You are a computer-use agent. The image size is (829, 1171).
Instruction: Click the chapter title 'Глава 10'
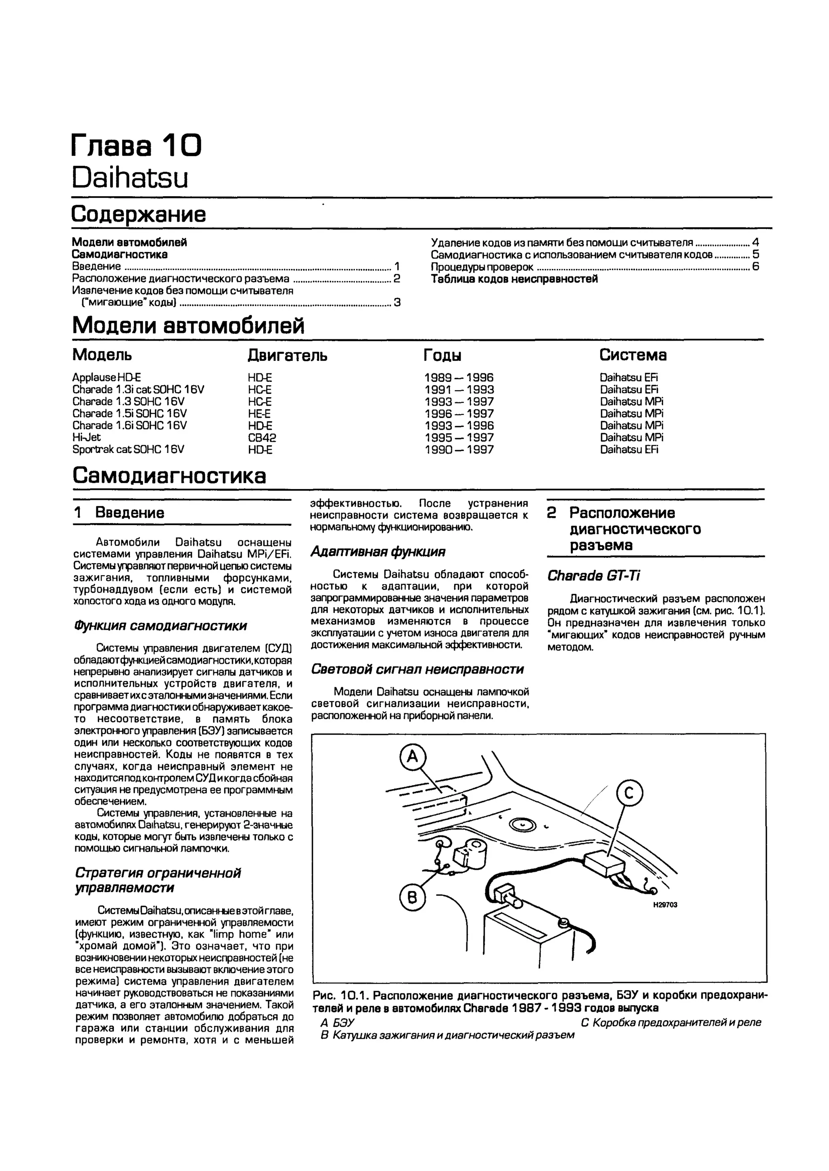(x=136, y=146)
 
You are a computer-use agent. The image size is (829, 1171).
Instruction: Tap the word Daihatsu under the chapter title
(x=130, y=178)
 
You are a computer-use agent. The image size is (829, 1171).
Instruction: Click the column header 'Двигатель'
(x=287, y=355)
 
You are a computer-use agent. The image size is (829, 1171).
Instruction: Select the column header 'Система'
(x=633, y=355)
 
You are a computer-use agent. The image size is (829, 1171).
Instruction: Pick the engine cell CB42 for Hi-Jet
(x=262, y=438)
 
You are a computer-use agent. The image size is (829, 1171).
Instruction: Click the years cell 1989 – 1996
(x=459, y=378)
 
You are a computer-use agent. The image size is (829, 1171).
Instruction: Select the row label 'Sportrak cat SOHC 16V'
(x=128, y=449)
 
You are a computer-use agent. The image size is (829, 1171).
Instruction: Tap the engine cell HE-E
(x=259, y=414)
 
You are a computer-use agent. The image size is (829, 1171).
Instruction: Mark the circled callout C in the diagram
(x=629, y=794)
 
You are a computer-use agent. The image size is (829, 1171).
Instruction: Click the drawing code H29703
(x=665, y=905)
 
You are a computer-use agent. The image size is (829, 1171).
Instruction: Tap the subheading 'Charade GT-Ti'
(x=594, y=576)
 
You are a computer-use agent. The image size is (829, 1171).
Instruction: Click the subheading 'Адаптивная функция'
(x=378, y=552)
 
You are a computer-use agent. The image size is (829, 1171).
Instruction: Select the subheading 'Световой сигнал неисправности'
(x=418, y=669)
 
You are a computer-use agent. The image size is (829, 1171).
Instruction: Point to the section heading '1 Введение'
(x=119, y=512)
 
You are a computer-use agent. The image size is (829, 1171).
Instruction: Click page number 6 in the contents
(x=755, y=267)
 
